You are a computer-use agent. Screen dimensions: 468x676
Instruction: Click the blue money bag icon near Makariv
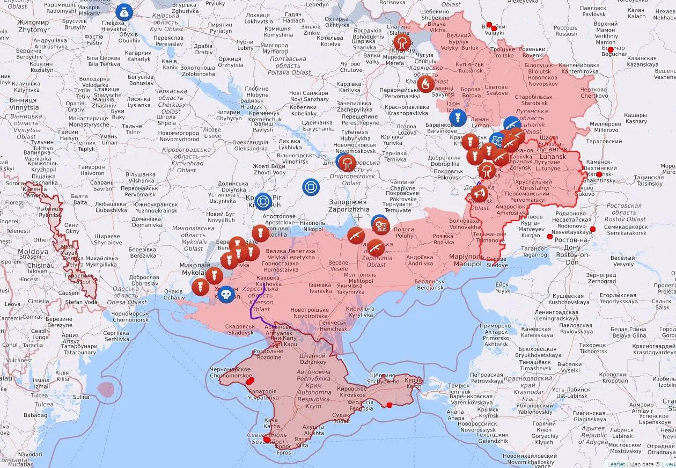coord(124,11)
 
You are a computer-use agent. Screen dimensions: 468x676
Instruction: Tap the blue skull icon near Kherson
coord(226,294)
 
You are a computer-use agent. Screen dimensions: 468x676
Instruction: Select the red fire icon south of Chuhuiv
coord(425,84)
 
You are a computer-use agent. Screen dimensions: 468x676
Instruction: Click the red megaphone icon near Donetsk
coord(479,193)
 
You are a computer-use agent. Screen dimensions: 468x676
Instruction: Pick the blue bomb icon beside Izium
coord(458,118)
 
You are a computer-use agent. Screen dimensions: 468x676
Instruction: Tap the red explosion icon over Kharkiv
coord(401,42)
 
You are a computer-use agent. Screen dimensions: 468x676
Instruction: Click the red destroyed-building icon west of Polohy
coord(381,226)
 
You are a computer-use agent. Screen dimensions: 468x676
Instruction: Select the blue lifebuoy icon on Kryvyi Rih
coord(263,201)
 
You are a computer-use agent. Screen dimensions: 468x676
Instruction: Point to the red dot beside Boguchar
coord(610,49)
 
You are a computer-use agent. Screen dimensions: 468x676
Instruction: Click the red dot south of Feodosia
coord(390,405)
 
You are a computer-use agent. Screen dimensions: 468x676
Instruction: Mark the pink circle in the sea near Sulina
coord(106,389)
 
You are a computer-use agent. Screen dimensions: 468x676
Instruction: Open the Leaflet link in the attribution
coord(616,464)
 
